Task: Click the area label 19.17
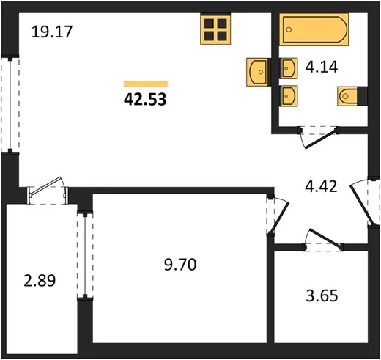point(52,32)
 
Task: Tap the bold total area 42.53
point(145,100)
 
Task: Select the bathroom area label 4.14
point(322,67)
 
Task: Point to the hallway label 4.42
point(321,186)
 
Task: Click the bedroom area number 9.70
point(180,265)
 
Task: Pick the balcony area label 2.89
point(40,280)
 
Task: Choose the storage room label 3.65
point(322,295)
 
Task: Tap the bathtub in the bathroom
point(314,29)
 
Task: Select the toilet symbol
point(347,96)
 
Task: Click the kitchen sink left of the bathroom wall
point(257,72)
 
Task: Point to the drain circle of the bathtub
point(289,30)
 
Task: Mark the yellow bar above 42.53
point(146,84)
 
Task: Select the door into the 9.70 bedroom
point(278,216)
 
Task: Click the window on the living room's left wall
point(10,105)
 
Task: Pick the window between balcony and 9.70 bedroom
point(85,255)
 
